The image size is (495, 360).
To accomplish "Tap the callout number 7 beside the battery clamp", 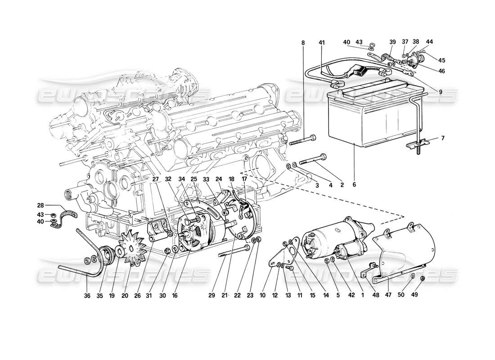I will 442,138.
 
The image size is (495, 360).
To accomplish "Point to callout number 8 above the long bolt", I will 303,43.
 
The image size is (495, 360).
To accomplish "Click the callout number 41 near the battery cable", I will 321,43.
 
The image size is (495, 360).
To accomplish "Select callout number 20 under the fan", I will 125,296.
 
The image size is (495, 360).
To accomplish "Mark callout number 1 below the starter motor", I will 362,296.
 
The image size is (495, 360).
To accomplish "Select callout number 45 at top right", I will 442,61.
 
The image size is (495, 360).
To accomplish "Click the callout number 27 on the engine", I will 155,179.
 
